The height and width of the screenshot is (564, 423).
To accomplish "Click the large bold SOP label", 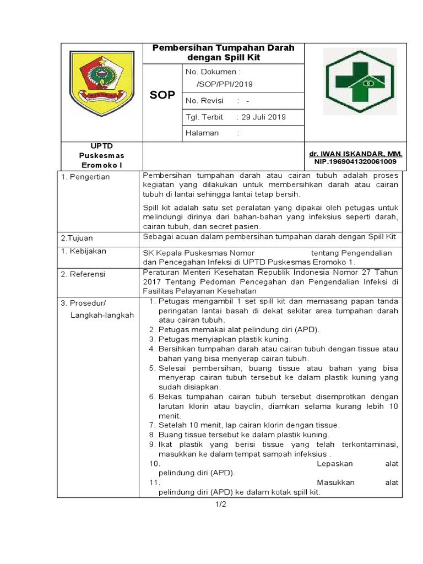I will pos(162,95).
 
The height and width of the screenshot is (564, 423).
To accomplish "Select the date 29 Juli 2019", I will pos(261,117).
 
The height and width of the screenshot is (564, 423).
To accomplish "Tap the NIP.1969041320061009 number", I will pos(356,162).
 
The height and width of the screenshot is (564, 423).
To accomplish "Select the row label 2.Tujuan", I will pos(77,238).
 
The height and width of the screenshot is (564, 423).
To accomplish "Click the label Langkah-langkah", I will pos(102,314).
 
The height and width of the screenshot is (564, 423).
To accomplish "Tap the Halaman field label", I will pos(202,133).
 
